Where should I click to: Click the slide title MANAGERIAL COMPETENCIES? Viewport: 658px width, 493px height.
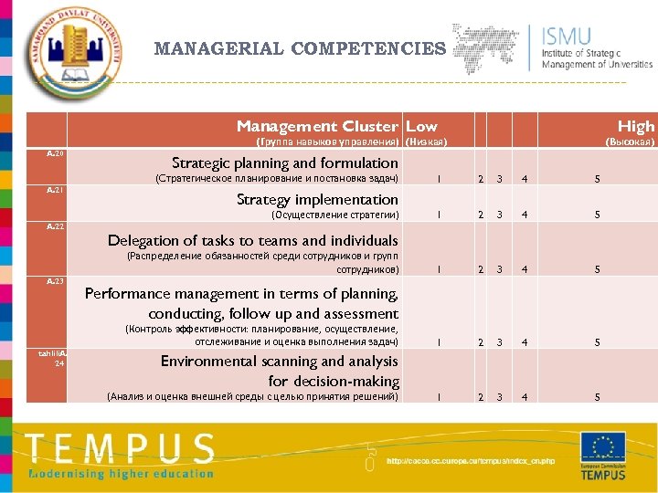click(x=301, y=48)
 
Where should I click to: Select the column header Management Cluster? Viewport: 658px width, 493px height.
click(x=317, y=126)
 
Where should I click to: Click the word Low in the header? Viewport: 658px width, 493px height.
click(x=421, y=126)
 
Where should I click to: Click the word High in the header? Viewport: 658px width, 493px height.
click(x=636, y=126)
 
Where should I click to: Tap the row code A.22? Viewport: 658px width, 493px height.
click(x=56, y=226)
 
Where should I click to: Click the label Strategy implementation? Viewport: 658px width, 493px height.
click(x=317, y=199)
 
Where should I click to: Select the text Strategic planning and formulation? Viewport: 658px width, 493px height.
click(x=285, y=163)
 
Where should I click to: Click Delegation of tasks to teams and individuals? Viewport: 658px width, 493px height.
click(x=253, y=240)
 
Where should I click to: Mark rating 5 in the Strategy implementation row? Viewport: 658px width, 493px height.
click(x=597, y=215)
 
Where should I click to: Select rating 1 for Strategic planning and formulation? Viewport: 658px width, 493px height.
click(x=440, y=179)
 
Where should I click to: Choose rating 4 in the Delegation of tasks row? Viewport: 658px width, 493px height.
click(x=524, y=270)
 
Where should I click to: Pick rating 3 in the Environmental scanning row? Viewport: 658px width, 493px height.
click(x=499, y=397)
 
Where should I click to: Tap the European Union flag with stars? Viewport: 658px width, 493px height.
click(x=603, y=447)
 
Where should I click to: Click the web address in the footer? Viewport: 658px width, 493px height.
click(x=471, y=461)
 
